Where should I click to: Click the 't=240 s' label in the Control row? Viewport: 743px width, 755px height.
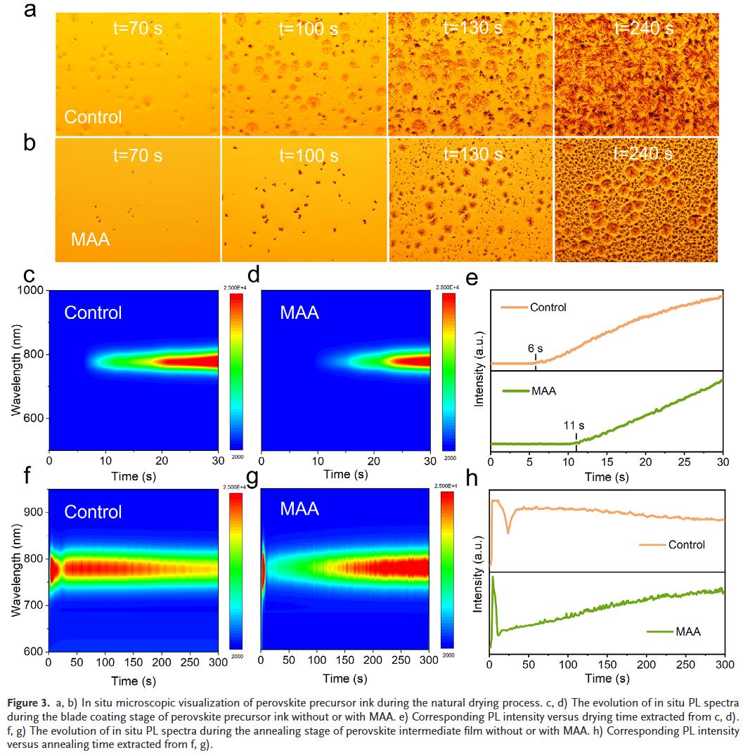(x=643, y=29)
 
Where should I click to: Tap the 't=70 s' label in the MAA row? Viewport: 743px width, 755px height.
(x=138, y=155)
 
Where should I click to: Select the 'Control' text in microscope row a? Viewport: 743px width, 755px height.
(x=93, y=117)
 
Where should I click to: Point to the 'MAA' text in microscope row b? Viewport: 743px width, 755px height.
(x=91, y=239)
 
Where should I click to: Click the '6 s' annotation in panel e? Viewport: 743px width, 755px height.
(x=536, y=348)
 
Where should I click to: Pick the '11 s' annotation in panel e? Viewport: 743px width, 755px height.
(x=574, y=426)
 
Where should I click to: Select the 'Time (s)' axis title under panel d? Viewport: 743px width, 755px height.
(x=346, y=475)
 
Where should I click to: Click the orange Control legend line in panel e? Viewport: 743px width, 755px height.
(x=512, y=307)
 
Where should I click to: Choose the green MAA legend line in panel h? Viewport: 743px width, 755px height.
(x=659, y=631)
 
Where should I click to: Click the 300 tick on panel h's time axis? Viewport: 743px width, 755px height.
(x=724, y=664)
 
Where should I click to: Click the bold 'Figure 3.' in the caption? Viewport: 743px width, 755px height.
(x=27, y=702)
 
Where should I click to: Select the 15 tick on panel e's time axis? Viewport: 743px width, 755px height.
(x=607, y=463)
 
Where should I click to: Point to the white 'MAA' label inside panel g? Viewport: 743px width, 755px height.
(x=300, y=508)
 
